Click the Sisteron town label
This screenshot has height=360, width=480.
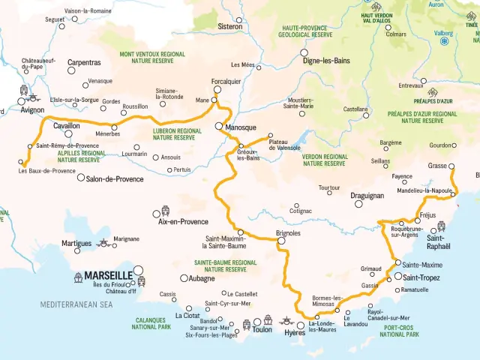229,26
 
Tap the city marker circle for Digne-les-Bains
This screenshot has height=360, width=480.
304,52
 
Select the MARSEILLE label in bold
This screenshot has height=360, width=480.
108,275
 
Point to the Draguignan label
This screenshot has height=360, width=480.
367,195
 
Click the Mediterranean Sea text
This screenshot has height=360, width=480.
76,305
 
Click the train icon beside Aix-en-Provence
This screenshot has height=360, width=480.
165,211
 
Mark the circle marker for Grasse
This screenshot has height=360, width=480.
452,166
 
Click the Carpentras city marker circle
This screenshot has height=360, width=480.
72,71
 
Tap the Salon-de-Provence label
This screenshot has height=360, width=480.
114,179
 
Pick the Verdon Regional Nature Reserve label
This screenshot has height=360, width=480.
324,160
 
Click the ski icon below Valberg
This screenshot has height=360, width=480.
444,42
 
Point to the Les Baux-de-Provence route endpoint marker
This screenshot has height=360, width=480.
20,161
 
